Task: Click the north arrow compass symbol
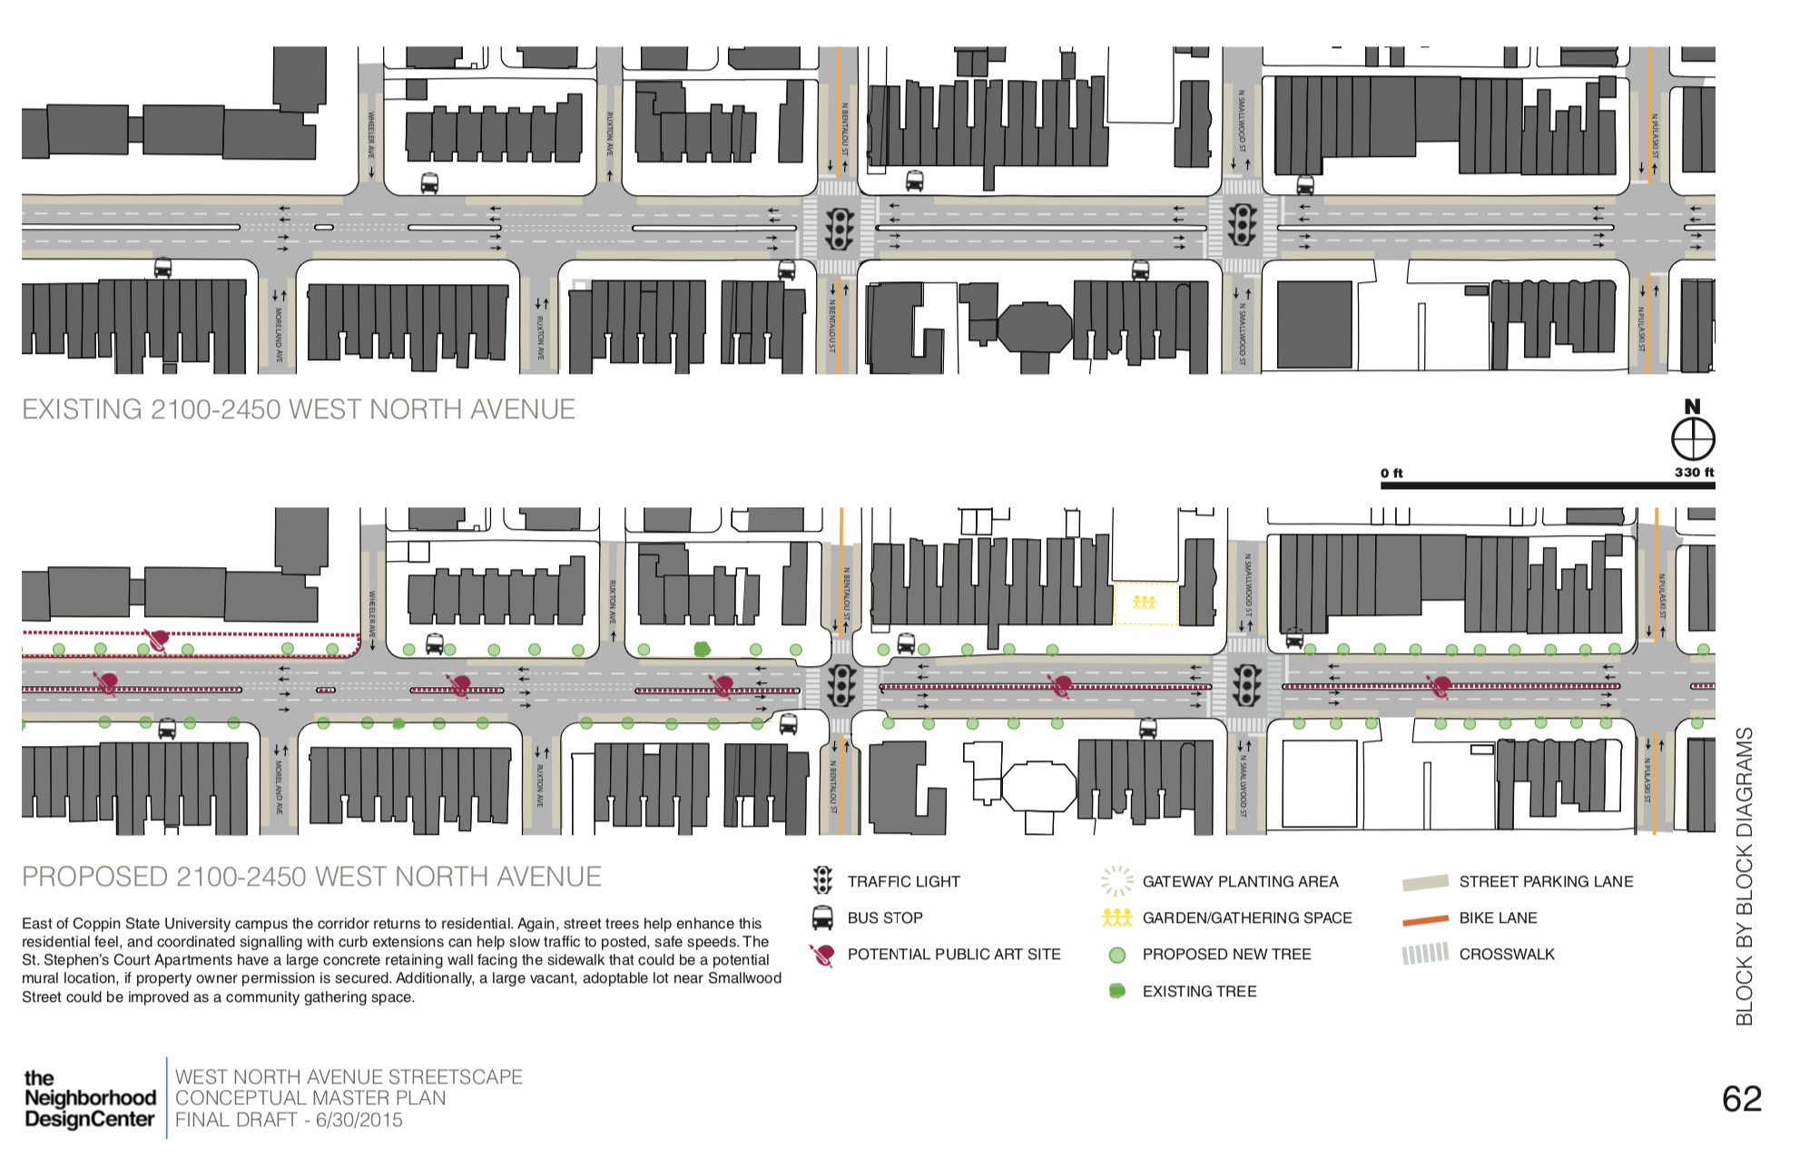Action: click(1693, 440)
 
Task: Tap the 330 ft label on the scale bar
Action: click(1694, 472)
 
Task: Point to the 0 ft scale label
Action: click(1391, 473)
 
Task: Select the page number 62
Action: click(1742, 1099)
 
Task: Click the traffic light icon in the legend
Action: click(822, 880)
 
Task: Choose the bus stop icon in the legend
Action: click(822, 917)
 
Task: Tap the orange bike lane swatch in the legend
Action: click(1425, 919)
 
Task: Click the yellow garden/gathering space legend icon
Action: click(1116, 917)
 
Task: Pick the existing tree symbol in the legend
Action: click(1117, 991)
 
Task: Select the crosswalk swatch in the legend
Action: click(1425, 954)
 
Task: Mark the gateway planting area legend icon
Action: click(1116, 880)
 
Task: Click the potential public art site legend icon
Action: click(822, 955)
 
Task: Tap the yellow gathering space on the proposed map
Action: click(1145, 603)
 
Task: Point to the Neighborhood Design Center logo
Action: click(89, 1098)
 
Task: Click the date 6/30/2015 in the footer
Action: click(359, 1120)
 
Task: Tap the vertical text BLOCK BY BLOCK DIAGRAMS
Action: click(1744, 876)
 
